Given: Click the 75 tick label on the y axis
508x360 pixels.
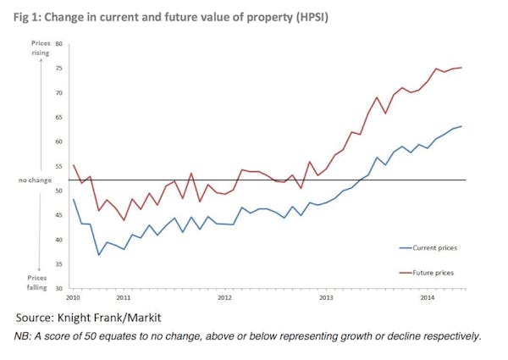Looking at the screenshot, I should point(59,68).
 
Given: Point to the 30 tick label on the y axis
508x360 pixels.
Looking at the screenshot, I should point(59,289).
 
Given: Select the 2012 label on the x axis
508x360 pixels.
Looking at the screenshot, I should point(225,299).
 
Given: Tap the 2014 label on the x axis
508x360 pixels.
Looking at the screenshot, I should point(428,299).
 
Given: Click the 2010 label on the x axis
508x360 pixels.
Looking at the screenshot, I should point(73,299).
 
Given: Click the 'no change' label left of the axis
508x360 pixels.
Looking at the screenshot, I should point(35,180).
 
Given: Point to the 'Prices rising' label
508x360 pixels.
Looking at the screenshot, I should point(41,47).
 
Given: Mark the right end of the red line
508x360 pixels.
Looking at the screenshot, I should point(461,68).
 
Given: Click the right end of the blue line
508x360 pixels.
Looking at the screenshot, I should point(461,126).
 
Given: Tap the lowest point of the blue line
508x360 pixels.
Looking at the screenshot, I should point(99,255).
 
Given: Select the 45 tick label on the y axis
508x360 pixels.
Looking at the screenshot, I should point(59,215).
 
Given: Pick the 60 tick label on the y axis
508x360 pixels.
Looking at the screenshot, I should point(59,141).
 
